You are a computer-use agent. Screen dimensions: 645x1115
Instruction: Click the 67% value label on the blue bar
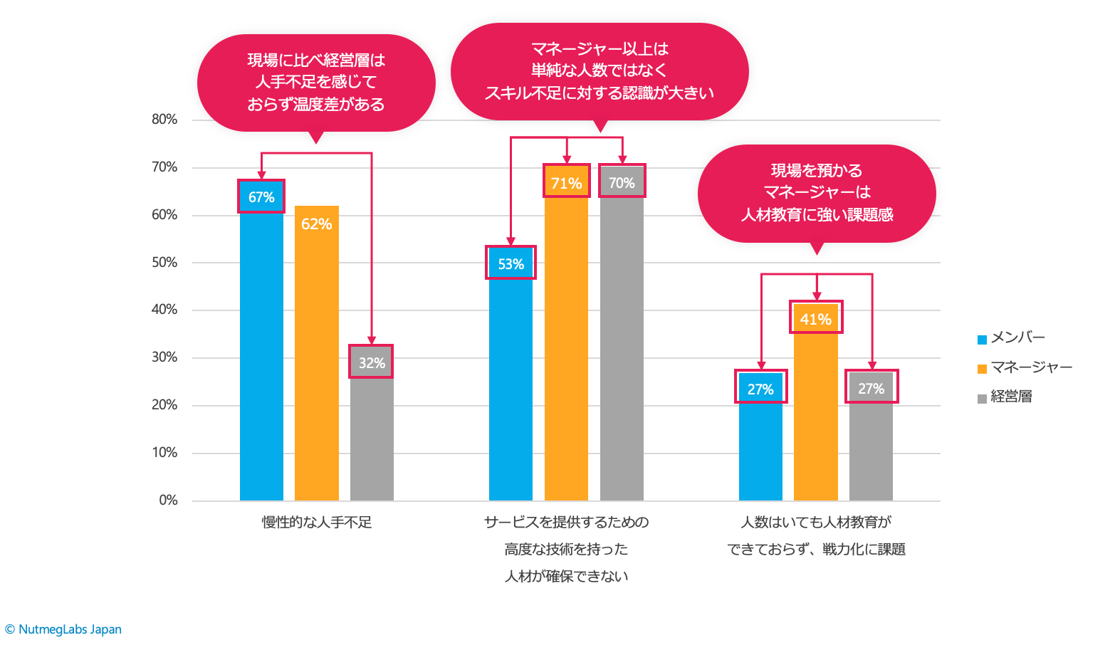coord(261,197)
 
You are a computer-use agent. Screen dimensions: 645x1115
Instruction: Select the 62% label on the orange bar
coord(317,224)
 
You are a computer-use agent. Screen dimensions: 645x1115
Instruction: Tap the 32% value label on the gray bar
coord(372,363)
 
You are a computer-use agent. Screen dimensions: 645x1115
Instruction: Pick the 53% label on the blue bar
coord(511,264)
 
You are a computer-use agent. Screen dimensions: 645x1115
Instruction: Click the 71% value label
coord(567,184)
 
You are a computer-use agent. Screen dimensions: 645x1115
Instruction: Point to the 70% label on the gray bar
coord(622,183)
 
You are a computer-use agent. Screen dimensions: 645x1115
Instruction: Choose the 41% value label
coord(816,320)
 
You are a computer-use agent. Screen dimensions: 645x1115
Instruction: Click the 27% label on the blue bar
coord(760,389)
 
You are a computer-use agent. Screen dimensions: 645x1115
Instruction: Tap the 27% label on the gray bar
coord(871,389)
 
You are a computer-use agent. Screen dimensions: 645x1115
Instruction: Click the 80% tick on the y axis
coord(164,120)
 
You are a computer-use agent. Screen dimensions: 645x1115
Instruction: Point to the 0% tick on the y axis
coord(168,500)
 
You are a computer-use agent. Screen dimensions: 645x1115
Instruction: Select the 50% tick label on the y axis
coord(164,263)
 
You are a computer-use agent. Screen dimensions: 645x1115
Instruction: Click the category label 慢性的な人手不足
coord(317,523)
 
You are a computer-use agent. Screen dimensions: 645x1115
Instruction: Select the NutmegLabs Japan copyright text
coord(63,629)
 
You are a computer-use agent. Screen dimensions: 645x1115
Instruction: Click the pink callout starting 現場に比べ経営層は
coord(316,83)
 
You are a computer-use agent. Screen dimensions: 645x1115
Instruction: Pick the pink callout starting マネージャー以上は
coord(600,71)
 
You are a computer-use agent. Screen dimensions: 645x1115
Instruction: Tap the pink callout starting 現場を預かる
coord(817,193)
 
